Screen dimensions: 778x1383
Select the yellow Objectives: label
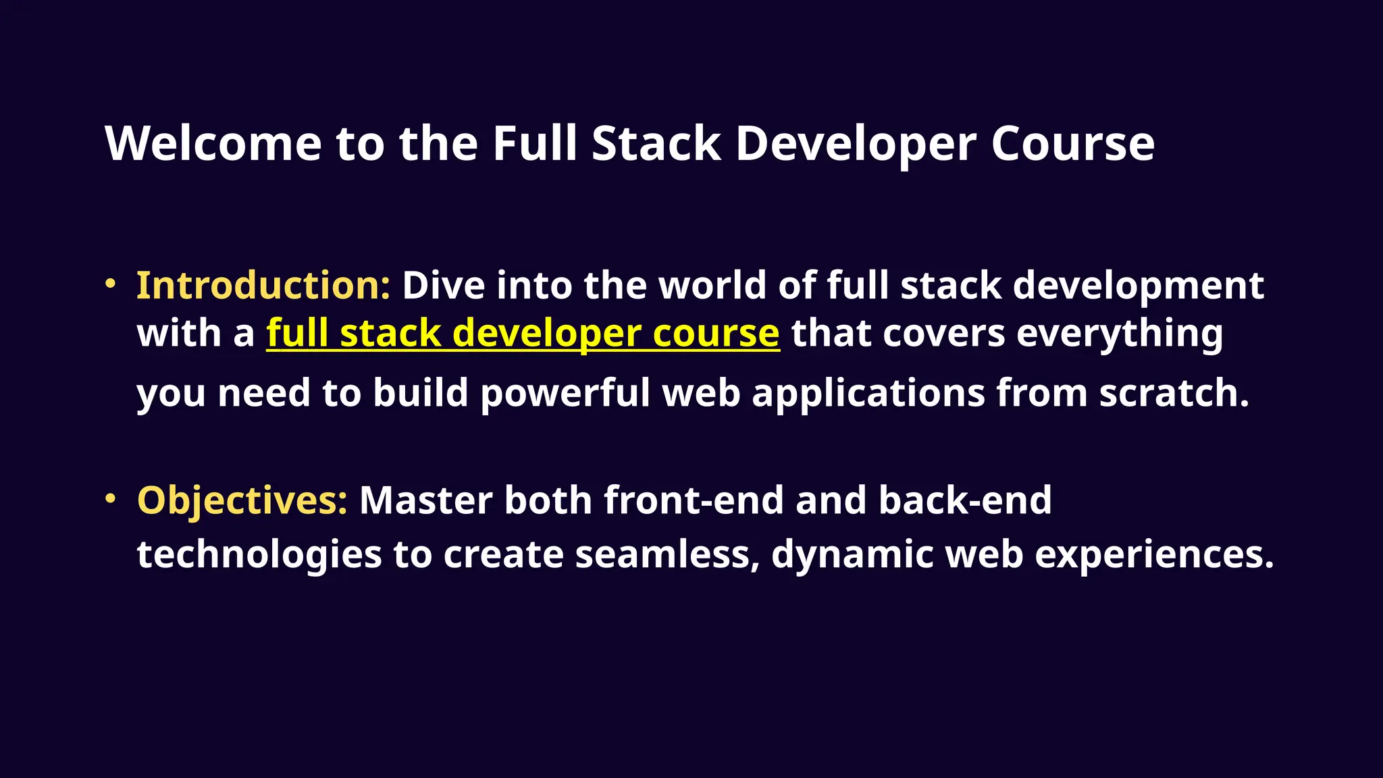242,500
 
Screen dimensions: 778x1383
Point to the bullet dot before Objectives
111,498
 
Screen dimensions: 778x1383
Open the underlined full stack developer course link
523,334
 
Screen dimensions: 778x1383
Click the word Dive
443,285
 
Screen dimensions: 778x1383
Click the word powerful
565,393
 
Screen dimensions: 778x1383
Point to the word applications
868,393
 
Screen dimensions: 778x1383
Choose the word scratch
1174,393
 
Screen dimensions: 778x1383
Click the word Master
425,500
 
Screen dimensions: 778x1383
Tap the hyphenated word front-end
694,500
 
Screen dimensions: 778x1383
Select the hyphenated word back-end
965,500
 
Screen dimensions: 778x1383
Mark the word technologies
259,554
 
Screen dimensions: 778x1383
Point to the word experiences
1153,554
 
